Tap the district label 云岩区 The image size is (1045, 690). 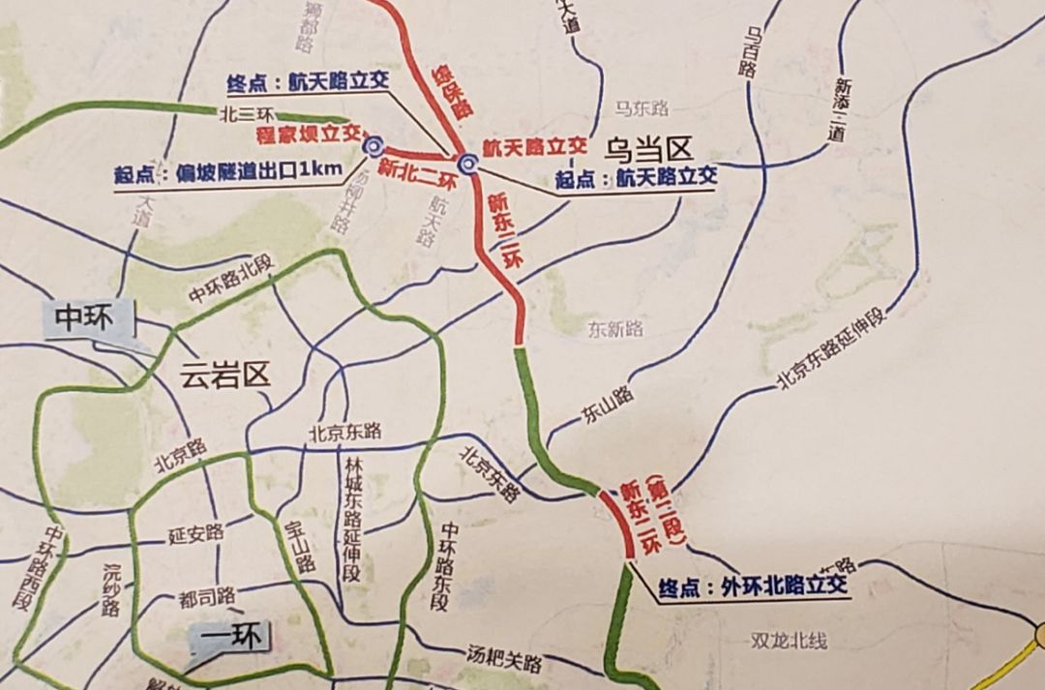[224, 375]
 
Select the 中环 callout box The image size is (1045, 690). [84, 319]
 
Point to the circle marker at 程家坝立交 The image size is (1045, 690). [373, 146]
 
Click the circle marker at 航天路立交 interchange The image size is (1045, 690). [468, 163]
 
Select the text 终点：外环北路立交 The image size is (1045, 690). [752, 586]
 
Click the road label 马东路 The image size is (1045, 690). [642, 107]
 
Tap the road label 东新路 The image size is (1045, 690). [614, 329]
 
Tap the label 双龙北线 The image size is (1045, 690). [789, 640]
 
